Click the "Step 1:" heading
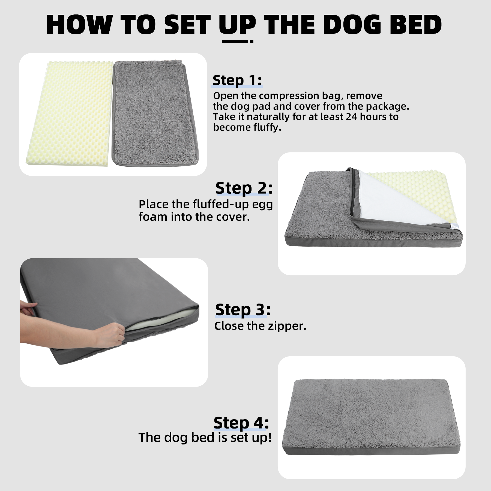[x=237, y=80]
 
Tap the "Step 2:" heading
[x=244, y=188]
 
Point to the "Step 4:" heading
[x=241, y=423]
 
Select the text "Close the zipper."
[x=260, y=326]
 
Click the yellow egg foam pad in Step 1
[x=70, y=113]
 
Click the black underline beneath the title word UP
[x=238, y=41]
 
